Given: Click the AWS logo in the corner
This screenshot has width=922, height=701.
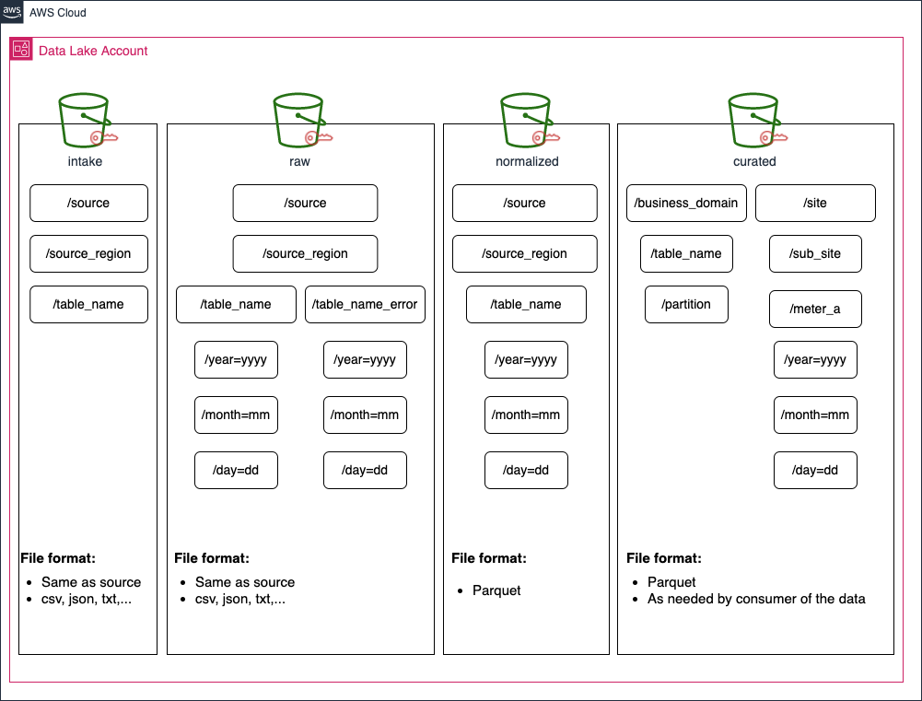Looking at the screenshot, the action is pos(11,11).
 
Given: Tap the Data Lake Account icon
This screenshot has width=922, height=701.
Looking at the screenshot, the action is pos(21,49).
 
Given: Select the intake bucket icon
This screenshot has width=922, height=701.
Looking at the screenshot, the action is pos(87,120).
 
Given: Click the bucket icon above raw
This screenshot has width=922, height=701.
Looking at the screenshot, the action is pos(301,120).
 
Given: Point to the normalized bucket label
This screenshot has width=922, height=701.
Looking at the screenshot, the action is pos(527,161).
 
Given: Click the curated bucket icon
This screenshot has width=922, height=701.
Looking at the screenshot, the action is pos(757,120).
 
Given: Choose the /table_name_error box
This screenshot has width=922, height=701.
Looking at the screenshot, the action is pos(365,305).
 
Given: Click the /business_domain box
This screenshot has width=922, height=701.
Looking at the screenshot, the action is pos(686,204).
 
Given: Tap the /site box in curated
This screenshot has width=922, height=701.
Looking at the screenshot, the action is pos(815,204).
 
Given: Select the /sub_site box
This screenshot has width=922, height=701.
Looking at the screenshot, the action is pos(815,254).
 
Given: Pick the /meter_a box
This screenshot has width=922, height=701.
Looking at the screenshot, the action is pos(815,310).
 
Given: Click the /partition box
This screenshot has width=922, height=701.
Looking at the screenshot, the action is pos(686,305).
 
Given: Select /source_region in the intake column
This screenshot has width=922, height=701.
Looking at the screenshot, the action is pos(88,254).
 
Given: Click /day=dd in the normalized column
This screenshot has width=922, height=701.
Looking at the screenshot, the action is pos(526,471).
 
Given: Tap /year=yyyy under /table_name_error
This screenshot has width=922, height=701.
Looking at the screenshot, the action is pos(365,360).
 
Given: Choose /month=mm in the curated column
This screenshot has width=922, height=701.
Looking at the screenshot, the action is pos(815,415).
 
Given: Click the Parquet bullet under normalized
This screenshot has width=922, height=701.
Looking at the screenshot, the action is pos(496,590).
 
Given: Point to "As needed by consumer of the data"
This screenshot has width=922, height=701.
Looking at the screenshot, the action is pos(756,599).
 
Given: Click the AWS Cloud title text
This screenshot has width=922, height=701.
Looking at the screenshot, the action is pos(58,12).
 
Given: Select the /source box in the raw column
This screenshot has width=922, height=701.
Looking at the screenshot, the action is pos(305,204).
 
